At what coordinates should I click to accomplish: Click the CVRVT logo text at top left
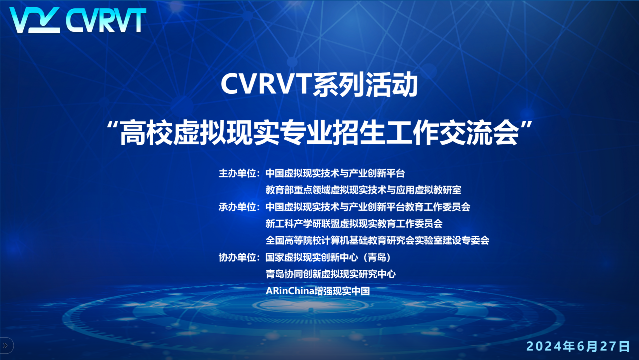(106, 20)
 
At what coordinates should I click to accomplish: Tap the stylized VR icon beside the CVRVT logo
(35, 20)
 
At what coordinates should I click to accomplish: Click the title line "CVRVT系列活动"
(319, 85)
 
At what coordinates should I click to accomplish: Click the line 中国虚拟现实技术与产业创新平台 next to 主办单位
(335, 173)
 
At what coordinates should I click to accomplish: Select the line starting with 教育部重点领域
(363, 190)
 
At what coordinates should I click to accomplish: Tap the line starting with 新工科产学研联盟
(354, 224)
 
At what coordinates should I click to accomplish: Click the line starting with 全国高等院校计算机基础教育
(377, 241)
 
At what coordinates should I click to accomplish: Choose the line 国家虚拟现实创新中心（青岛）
(328, 257)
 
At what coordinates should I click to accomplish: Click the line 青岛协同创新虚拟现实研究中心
(330, 274)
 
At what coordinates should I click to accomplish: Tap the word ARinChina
(290, 291)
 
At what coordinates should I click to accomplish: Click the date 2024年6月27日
(578, 346)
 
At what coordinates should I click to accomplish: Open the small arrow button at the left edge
(6, 346)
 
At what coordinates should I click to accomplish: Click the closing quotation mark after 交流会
(526, 126)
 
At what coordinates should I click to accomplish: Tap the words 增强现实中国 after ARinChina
(342, 291)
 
